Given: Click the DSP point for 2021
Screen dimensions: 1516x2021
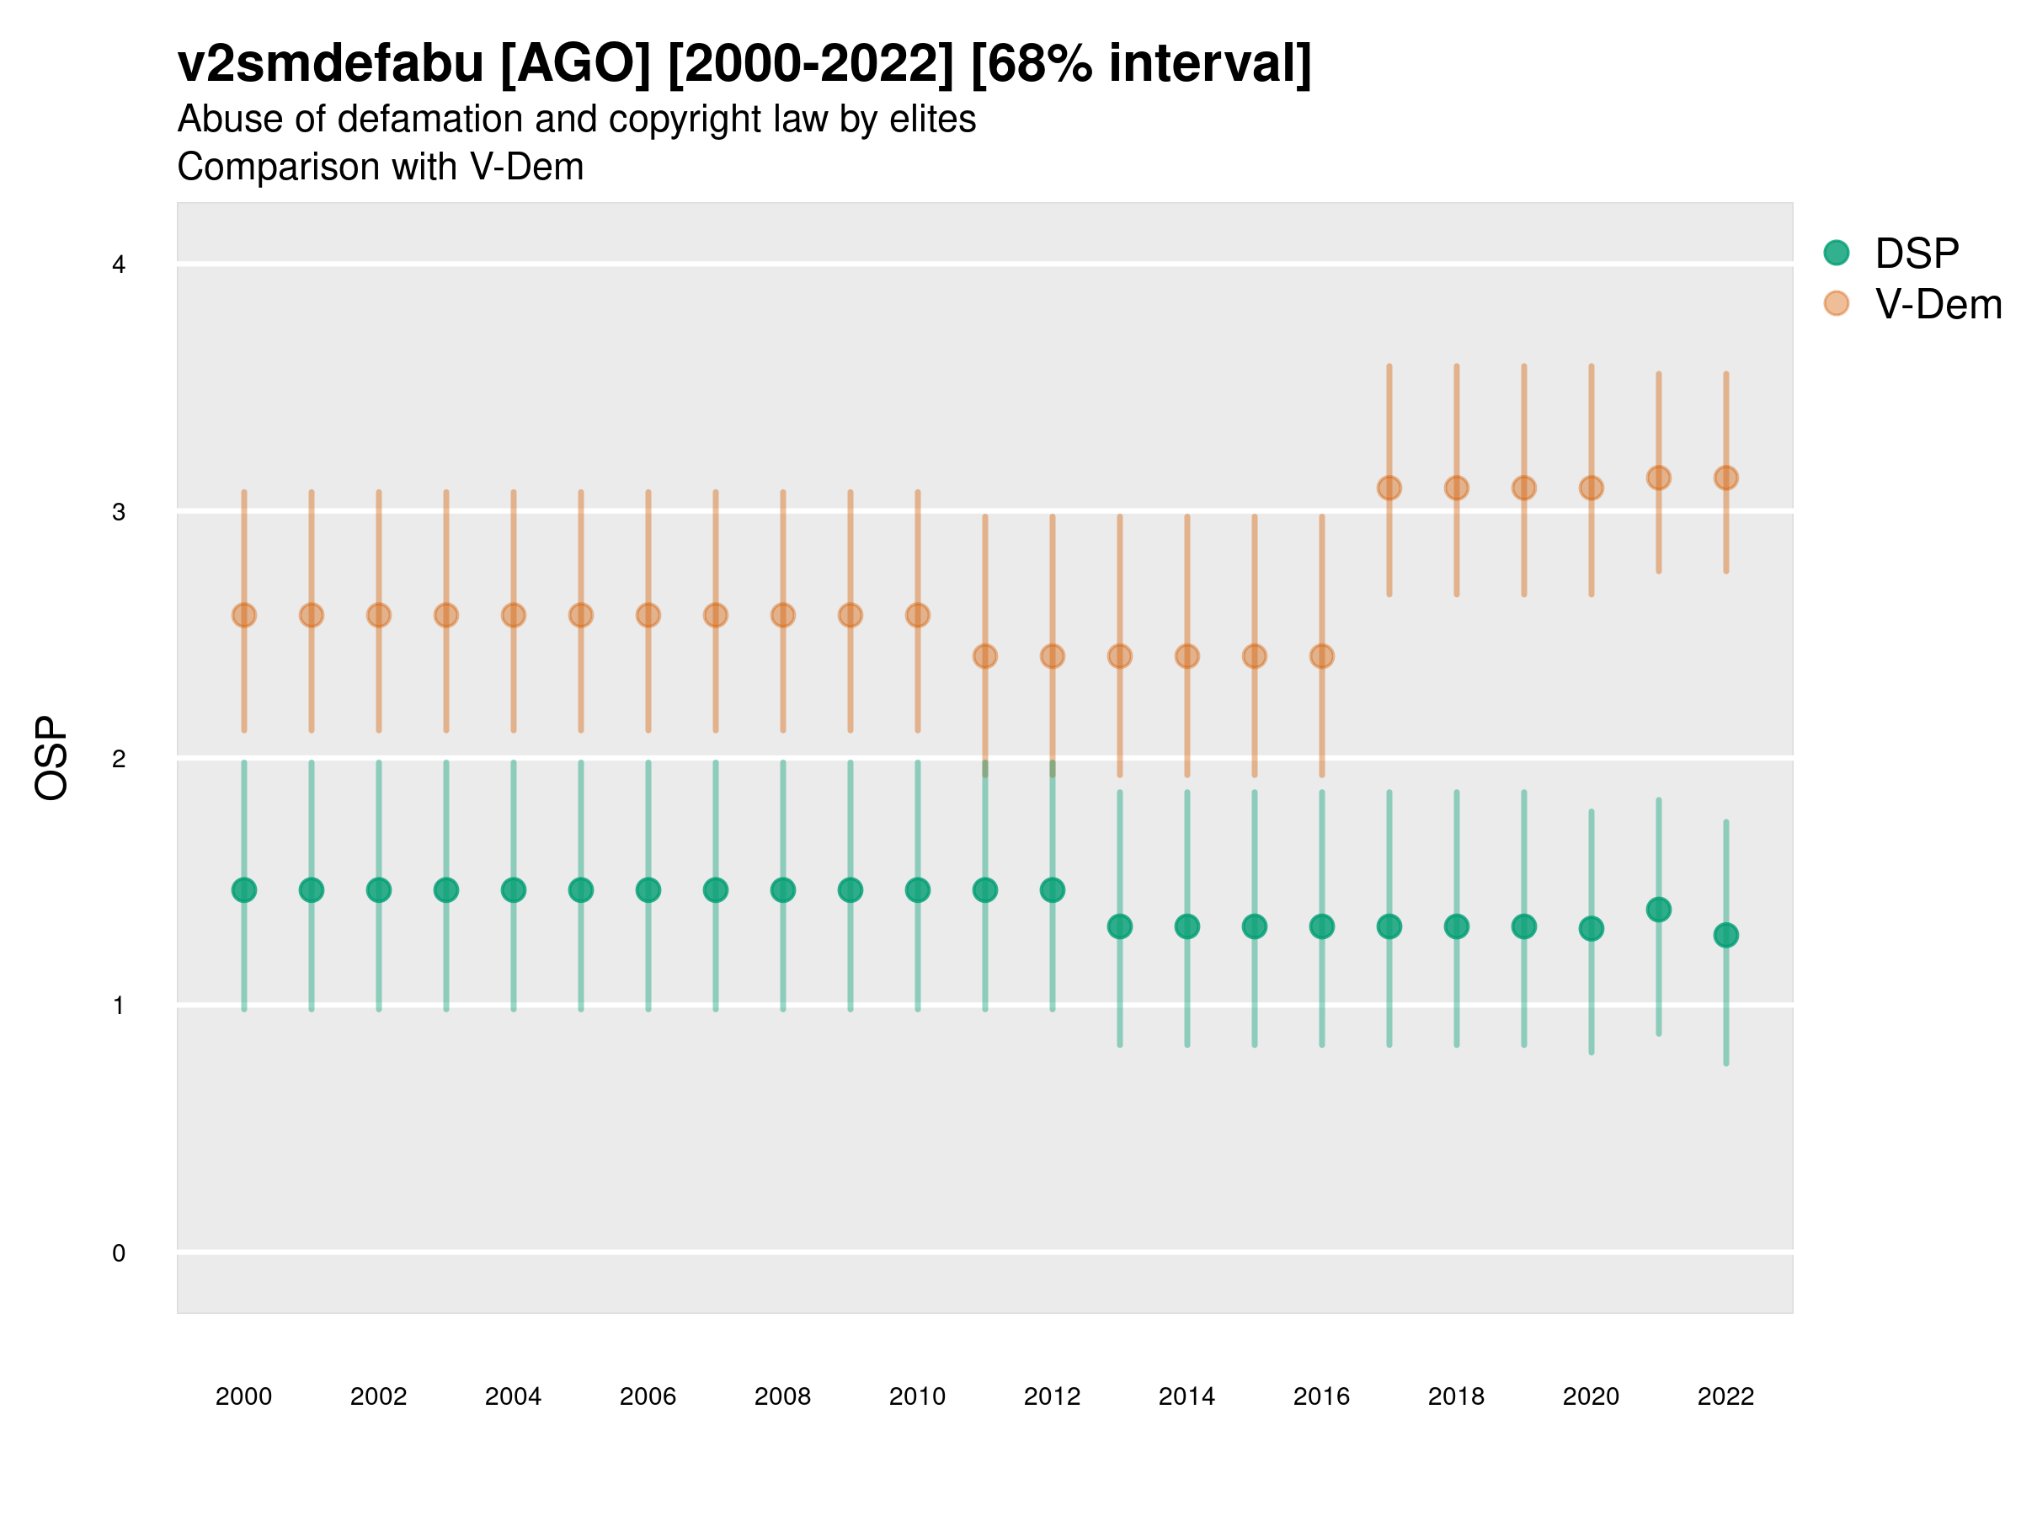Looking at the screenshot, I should pos(1658,910).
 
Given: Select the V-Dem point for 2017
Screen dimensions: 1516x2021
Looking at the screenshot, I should pos(1389,488).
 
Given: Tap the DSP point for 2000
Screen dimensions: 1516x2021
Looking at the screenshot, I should pos(244,890).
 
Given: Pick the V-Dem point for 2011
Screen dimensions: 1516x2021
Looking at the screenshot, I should pos(985,656).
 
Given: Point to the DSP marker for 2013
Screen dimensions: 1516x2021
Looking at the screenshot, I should pos(1119,926).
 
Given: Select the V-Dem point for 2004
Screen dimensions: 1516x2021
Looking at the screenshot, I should pos(514,615).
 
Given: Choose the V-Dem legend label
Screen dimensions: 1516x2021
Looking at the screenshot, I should pos(1938,304).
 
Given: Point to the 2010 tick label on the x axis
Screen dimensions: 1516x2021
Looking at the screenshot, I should pos(917,1396).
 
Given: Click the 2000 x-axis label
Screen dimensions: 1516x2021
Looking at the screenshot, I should pos(244,1396).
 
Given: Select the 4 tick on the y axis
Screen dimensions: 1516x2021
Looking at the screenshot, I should pos(119,265).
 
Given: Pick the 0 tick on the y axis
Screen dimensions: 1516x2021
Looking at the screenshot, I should pos(119,1253).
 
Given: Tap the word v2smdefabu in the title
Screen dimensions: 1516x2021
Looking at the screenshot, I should pos(331,64).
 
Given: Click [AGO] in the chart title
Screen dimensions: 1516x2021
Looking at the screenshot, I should pos(576,64).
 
